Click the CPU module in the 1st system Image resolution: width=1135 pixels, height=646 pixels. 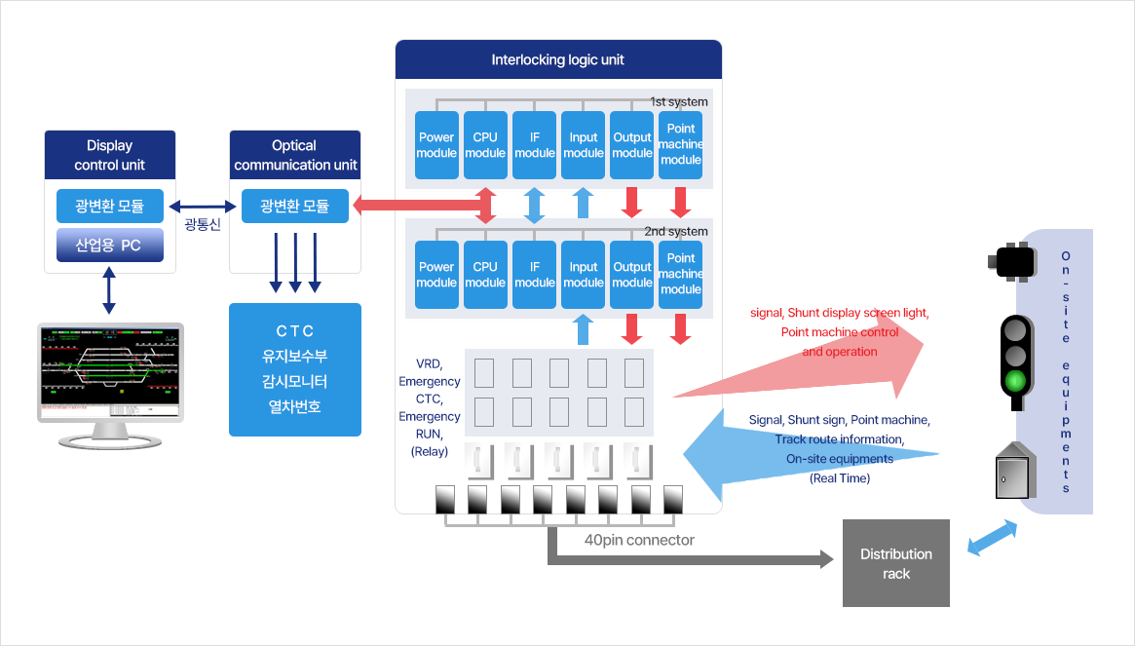pos(485,145)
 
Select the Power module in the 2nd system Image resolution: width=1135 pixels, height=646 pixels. pos(436,275)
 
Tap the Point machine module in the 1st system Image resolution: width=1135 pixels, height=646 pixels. pos(680,145)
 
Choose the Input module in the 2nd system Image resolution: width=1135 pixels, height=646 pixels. pos(583,275)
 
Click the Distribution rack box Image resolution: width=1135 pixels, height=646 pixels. pos(896,563)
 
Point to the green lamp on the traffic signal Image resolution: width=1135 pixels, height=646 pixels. pos(1015,379)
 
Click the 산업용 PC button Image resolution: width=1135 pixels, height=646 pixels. pos(110,245)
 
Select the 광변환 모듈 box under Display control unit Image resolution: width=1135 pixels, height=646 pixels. pos(110,206)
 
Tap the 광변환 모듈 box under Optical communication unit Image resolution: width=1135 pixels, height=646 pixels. pos(294,206)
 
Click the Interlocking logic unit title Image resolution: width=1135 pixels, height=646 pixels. pos(558,59)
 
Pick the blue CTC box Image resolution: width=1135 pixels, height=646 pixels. pos(294,369)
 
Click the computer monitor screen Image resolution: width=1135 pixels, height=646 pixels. pos(110,372)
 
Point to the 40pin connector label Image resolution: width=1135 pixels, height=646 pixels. pos(639,540)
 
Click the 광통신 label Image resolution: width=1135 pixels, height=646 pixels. pos(203,224)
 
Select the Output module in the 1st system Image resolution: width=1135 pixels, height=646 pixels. pos(632,145)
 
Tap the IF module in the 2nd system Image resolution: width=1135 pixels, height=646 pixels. pos(534,275)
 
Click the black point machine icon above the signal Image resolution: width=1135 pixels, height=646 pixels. pos(1012,261)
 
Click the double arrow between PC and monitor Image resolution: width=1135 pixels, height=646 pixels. pos(109,289)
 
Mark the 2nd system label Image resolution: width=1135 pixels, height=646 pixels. pos(676,231)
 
